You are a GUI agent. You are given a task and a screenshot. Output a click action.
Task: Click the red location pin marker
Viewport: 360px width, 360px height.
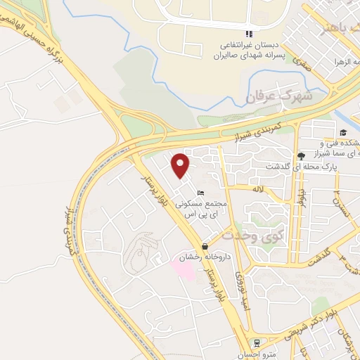pyautogui.click(x=181, y=165)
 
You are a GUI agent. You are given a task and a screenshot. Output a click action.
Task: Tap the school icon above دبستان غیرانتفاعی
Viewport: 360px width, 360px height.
pyautogui.click(x=248, y=34)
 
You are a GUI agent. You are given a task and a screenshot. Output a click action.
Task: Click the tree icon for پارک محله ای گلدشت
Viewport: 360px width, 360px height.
pyautogui.click(x=301, y=155)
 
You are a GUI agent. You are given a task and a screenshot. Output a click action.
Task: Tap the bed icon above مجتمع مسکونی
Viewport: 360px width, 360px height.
pyautogui.click(x=201, y=193)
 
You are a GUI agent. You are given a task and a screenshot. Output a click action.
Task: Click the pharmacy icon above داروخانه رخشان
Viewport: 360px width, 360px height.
pyautogui.click(x=205, y=246)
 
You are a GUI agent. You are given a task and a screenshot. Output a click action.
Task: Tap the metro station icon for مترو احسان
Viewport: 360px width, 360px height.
pyautogui.click(x=257, y=343)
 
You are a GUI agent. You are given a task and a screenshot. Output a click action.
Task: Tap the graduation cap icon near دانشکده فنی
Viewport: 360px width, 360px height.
pyautogui.click(x=343, y=132)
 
